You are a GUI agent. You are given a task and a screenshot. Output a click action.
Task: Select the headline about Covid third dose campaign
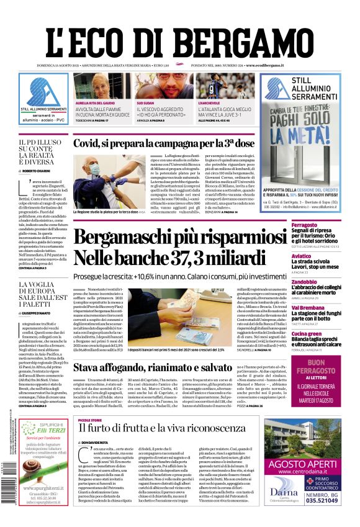coord(164,144)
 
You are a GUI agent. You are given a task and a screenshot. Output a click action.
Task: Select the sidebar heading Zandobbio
coord(305,281)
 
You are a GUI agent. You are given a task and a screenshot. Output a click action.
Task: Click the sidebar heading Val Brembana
coord(306,307)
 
